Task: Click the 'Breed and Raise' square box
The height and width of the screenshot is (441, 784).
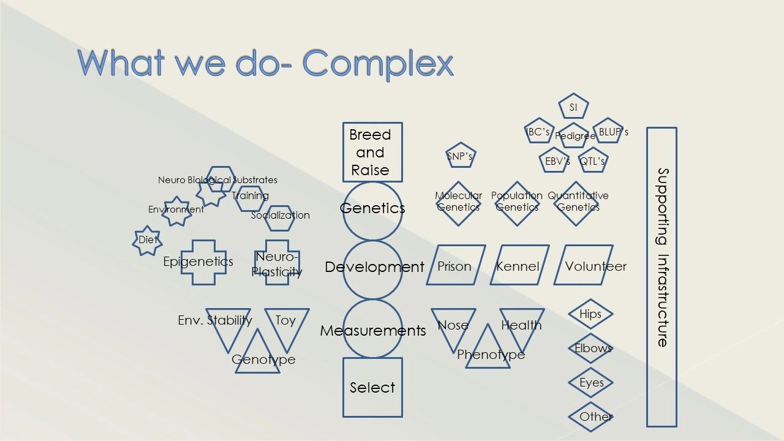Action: tap(372, 152)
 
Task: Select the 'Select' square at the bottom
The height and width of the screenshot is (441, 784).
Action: tap(372, 387)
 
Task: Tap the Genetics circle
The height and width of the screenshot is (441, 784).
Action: tap(372, 209)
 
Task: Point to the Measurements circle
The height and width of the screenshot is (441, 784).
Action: tap(372, 330)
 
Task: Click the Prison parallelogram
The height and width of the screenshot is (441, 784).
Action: tap(456, 265)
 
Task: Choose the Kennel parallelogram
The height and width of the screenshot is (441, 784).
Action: tap(519, 265)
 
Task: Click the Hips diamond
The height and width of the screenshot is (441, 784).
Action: tap(590, 314)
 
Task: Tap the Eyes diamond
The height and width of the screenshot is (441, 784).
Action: tap(590, 383)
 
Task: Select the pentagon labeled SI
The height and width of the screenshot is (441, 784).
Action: tap(573, 107)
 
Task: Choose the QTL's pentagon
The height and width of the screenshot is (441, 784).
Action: tap(593, 160)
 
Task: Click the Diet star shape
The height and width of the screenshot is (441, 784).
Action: tap(147, 240)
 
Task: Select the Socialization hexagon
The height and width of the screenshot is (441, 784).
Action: tap(279, 217)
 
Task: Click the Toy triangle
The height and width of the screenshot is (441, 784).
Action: tap(287, 323)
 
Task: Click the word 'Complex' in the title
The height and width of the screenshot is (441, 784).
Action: tap(378, 62)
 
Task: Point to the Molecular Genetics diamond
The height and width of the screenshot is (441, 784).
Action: tap(458, 203)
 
